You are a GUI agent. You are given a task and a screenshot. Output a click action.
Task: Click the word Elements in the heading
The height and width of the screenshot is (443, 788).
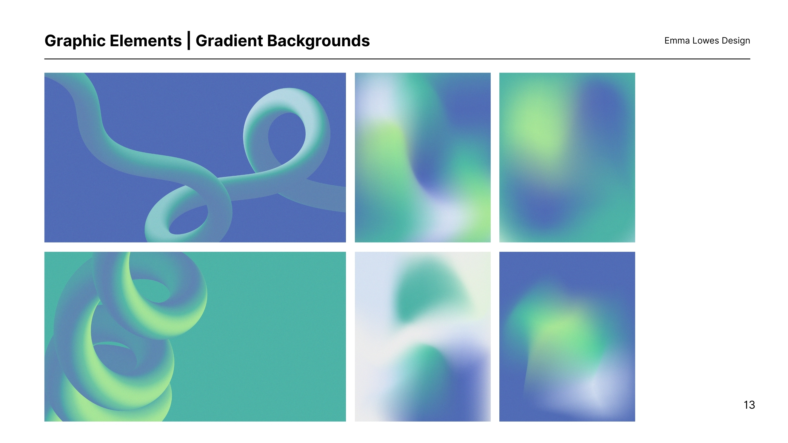[x=146, y=41]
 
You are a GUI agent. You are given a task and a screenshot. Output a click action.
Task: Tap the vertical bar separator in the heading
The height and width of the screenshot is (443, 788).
[x=189, y=40]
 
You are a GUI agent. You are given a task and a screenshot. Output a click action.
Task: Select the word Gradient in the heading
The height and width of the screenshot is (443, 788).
[x=229, y=41]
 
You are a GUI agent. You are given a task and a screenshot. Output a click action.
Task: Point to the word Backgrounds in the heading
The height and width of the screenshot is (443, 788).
[x=318, y=41]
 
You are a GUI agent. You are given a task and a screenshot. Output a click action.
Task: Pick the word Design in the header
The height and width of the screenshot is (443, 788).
[x=736, y=41]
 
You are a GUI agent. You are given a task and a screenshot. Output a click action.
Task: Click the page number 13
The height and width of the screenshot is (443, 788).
[x=749, y=405]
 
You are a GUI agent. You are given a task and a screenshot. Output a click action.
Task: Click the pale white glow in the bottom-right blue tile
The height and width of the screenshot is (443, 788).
[x=593, y=391]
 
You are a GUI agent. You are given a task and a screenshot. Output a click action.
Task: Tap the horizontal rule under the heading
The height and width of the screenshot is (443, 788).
[x=397, y=59]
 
